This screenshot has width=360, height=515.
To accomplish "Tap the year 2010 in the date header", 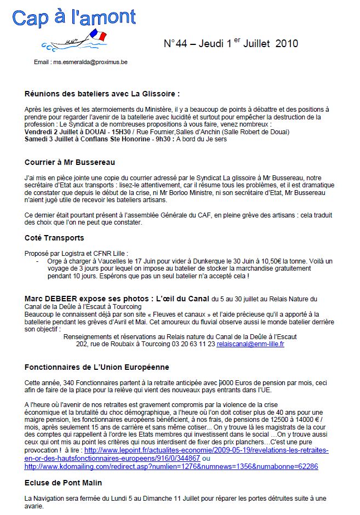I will (287, 44).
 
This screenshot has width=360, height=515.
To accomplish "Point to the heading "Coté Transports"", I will (55, 238).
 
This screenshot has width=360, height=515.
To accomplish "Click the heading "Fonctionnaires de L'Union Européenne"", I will (97, 367).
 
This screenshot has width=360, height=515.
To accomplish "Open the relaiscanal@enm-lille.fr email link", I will (250, 344).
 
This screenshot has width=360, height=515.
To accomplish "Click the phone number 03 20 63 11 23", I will (195, 344).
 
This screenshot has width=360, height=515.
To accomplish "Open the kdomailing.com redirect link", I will (171, 466).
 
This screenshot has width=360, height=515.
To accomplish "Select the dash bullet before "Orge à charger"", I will (36, 261).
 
